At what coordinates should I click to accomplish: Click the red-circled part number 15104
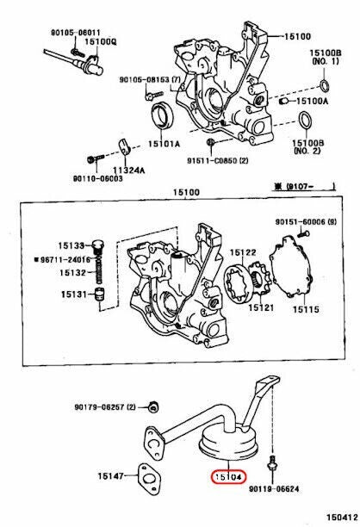pyautogui.click(x=228, y=477)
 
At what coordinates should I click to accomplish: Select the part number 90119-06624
pyautogui.click(x=274, y=489)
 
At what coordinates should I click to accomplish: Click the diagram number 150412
pyautogui.click(x=341, y=517)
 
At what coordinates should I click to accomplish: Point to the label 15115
pyautogui.click(x=306, y=309)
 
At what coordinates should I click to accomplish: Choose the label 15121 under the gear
pyautogui.click(x=261, y=307)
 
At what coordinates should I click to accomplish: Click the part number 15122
pyautogui.click(x=243, y=252)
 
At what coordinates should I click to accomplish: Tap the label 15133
pyautogui.click(x=71, y=245)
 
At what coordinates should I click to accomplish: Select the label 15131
pyautogui.click(x=74, y=294)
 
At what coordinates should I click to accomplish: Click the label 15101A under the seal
pyautogui.click(x=164, y=144)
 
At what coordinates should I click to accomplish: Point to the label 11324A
pyautogui.click(x=128, y=170)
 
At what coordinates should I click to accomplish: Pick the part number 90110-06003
pyautogui.click(x=98, y=179)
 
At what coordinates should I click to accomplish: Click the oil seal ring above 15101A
pyautogui.click(x=163, y=115)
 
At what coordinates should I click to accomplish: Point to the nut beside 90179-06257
pyautogui.click(x=153, y=407)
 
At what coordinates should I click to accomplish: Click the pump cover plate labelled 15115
pyautogui.click(x=291, y=266)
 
